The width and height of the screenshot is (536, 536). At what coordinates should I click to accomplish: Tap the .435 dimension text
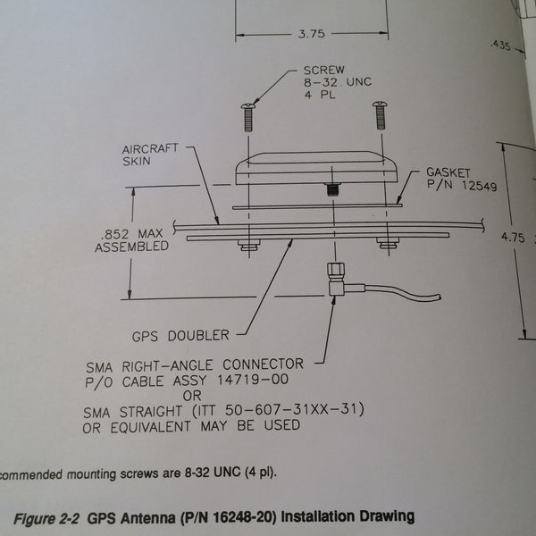pyautogui.click(x=498, y=45)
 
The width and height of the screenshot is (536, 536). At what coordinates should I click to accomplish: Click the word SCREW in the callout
pyautogui.click(x=322, y=70)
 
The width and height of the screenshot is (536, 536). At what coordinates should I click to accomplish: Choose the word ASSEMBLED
pyautogui.click(x=131, y=247)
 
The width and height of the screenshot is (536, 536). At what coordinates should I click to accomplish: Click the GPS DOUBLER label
pyautogui.click(x=180, y=336)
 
